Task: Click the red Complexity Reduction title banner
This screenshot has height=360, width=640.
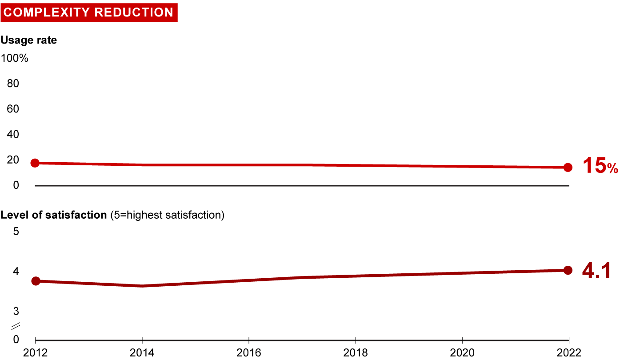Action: tap(89, 12)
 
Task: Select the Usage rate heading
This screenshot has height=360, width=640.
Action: tap(29, 40)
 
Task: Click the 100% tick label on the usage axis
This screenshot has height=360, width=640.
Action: tap(15, 58)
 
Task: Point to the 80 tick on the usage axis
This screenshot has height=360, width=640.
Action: tap(13, 84)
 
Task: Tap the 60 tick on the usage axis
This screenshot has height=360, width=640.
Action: tap(13, 109)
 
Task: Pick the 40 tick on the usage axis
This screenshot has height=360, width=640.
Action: tap(13, 134)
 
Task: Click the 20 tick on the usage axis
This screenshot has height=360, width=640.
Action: tap(13, 160)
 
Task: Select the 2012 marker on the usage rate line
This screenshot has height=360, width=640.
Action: tap(35, 163)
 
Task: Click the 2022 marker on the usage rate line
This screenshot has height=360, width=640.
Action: tap(568, 168)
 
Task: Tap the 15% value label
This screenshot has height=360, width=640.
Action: tap(600, 166)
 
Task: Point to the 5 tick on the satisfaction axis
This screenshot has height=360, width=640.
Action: tap(16, 232)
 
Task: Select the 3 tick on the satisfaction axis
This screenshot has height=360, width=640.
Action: tap(16, 310)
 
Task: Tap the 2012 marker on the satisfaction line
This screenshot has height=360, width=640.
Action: tap(36, 281)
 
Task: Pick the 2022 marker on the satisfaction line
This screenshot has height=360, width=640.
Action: tap(568, 270)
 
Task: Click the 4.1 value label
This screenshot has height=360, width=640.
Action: tap(596, 271)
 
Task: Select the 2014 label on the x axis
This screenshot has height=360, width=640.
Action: tap(142, 352)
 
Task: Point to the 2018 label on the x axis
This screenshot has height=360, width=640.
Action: tap(356, 352)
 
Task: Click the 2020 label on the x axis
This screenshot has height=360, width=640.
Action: tap(462, 352)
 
